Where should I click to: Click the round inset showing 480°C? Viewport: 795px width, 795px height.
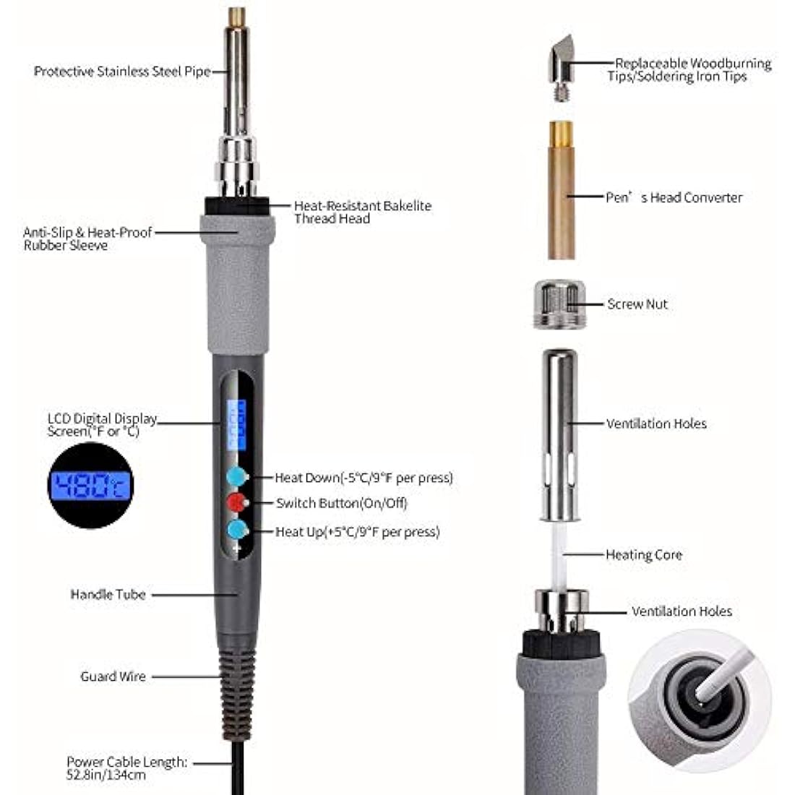click(x=91, y=485)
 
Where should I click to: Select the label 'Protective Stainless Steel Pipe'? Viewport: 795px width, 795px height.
click(x=122, y=72)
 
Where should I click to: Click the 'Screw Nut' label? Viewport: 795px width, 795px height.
click(x=637, y=304)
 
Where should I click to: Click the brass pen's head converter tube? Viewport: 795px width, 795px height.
click(x=561, y=190)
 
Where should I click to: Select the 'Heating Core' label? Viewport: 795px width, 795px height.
click(x=644, y=554)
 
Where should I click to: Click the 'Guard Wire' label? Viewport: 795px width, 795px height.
click(x=113, y=676)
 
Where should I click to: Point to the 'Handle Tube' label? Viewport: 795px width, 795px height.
click(x=108, y=594)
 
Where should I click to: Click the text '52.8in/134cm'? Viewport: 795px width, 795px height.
click(x=106, y=775)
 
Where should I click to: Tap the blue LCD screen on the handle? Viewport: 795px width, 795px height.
click(x=236, y=425)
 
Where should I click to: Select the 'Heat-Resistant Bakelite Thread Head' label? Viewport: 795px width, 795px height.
click(x=363, y=212)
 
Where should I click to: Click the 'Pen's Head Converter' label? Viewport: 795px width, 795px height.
click(x=674, y=197)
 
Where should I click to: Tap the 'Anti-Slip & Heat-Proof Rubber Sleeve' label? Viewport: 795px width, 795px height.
click(x=87, y=239)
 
